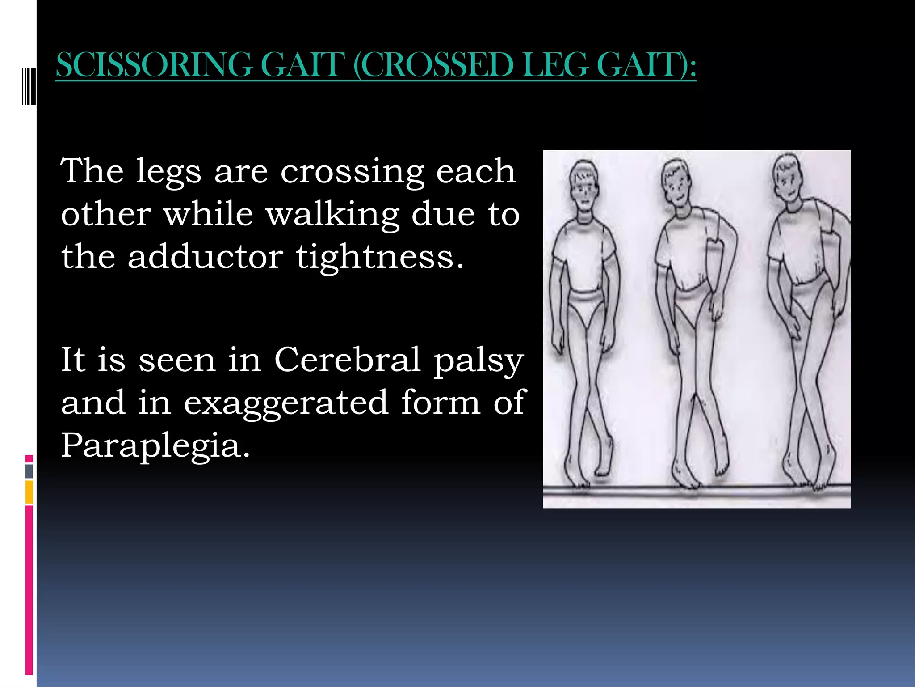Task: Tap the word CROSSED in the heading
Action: click(436, 65)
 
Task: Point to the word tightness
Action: click(380, 258)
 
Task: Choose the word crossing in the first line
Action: click(352, 172)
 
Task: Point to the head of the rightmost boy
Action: click(789, 178)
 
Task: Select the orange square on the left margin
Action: click(29, 492)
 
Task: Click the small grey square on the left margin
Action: click(29, 471)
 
